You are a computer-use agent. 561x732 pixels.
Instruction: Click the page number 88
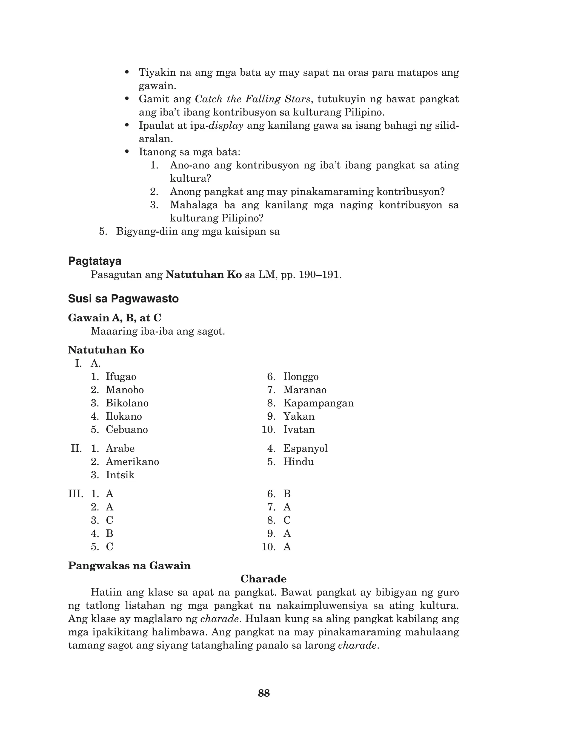[x=264, y=693]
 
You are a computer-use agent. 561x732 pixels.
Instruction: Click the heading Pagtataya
[x=95, y=261]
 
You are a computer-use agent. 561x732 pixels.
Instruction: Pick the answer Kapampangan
[x=318, y=403]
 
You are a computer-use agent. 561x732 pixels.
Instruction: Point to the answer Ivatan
[x=299, y=429]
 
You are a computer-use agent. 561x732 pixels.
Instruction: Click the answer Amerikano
[x=132, y=462]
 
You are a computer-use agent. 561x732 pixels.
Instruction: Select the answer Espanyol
[x=305, y=449]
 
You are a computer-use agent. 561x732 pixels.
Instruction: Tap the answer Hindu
[x=299, y=462]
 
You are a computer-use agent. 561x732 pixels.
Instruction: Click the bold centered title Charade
[x=264, y=579]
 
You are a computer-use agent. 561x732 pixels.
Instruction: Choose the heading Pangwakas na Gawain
[x=129, y=566]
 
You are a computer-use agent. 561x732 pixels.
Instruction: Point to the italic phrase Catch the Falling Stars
[x=253, y=99]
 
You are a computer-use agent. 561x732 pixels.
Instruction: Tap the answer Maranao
[x=305, y=390]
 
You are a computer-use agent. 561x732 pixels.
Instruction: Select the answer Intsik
[x=120, y=475]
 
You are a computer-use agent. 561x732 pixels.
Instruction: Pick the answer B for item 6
[x=287, y=494]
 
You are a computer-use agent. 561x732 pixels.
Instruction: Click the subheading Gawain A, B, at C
[x=115, y=318]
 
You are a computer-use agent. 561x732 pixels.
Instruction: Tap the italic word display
[x=226, y=126]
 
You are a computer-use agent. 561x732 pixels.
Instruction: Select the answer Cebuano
[x=127, y=429]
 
